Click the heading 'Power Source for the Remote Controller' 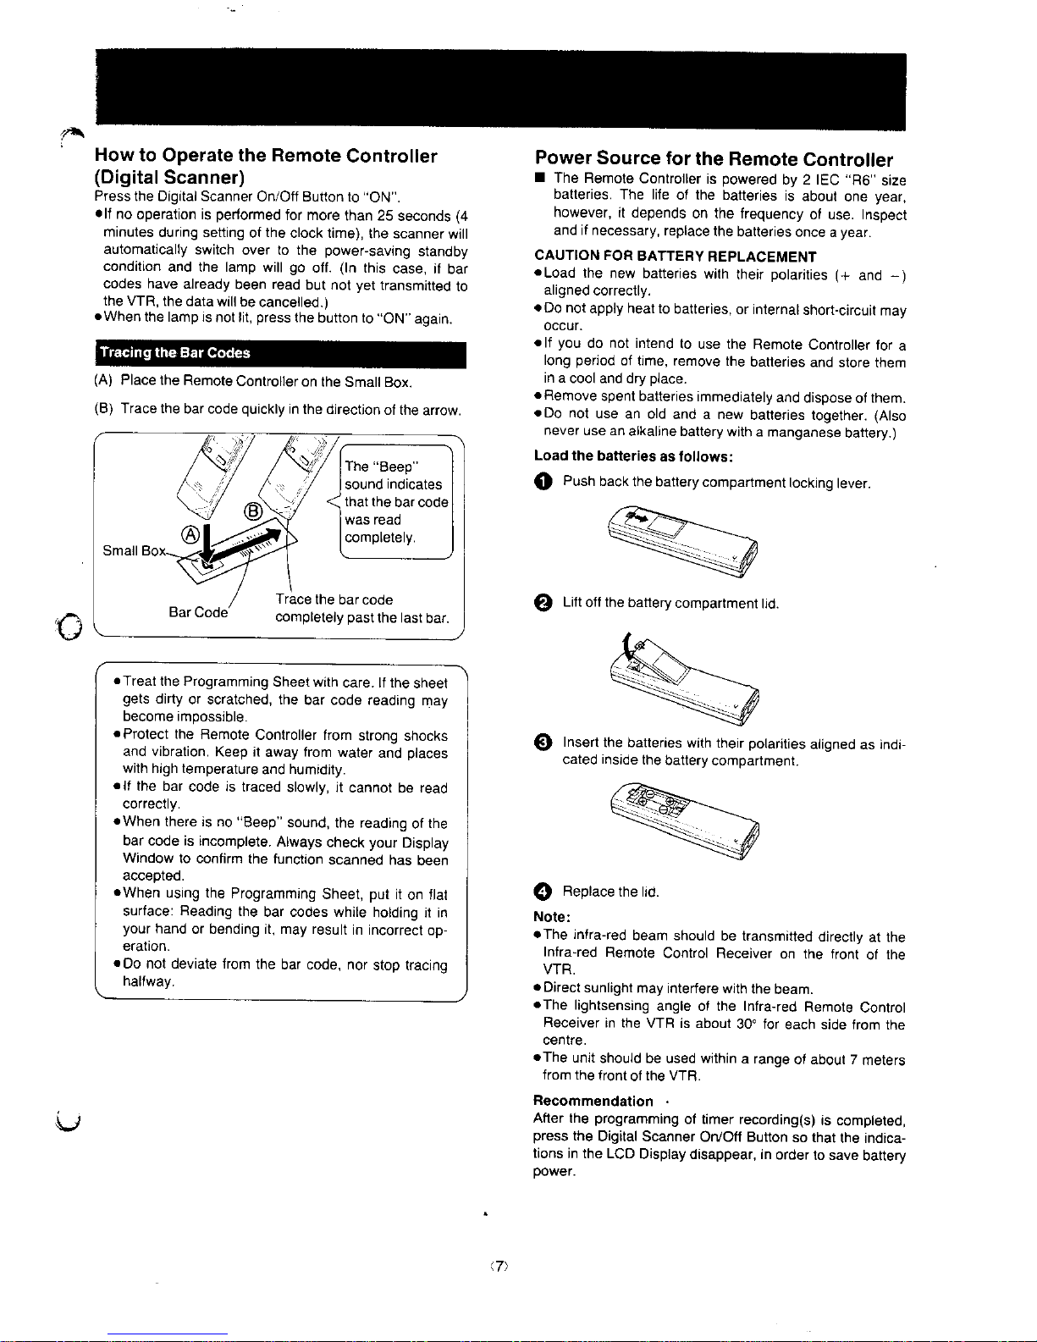click(714, 159)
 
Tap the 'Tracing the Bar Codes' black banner click(281, 355)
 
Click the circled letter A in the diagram click(190, 534)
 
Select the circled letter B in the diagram click(253, 512)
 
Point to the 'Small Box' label click(134, 551)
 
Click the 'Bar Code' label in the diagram click(198, 613)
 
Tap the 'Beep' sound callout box click(396, 501)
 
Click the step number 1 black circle click(543, 482)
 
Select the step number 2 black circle click(543, 603)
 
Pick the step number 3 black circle click(543, 743)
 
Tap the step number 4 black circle click(543, 892)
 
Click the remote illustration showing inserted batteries click(685, 820)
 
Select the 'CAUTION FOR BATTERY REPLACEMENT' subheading click(676, 257)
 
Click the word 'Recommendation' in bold click(593, 1102)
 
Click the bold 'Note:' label click(552, 917)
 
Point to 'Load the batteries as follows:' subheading click(633, 456)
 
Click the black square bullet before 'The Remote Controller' click(540, 179)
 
